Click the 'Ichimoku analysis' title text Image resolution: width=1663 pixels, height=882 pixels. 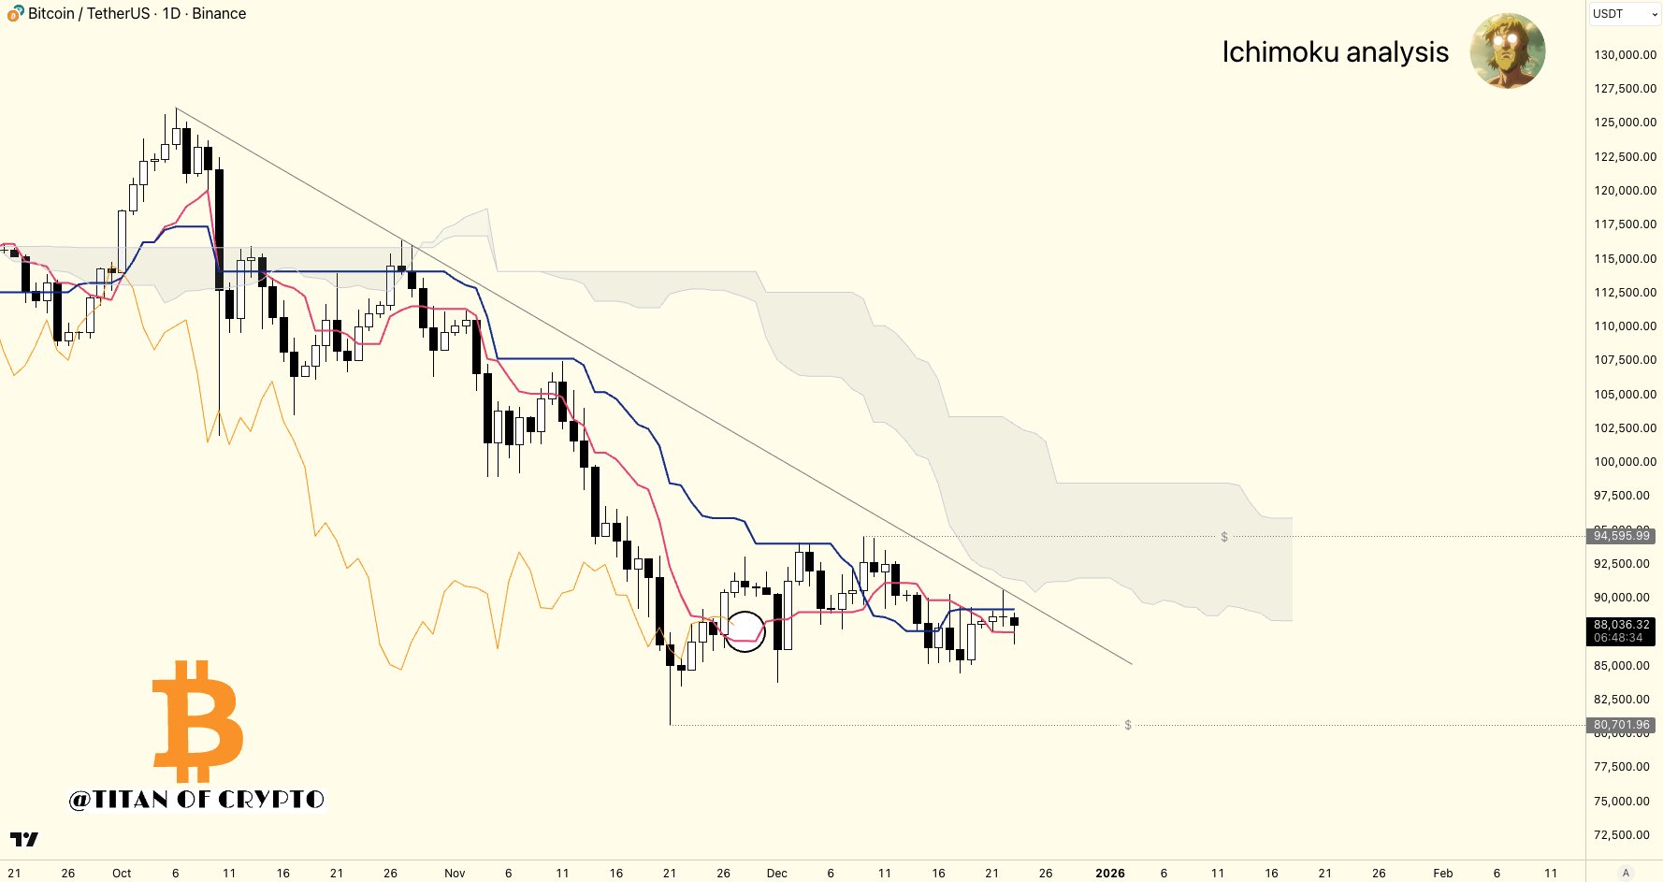[1335, 52]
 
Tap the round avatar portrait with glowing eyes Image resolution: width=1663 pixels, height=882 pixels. [1507, 51]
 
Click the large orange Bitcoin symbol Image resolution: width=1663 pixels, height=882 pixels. [198, 720]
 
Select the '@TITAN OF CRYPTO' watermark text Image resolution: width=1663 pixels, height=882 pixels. [196, 799]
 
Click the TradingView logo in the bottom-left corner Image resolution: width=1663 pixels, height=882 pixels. [24, 839]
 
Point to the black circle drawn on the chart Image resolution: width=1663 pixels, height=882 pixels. [745, 631]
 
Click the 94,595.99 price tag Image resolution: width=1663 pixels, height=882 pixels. [1622, 536]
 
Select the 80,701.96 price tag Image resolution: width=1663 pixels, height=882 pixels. [1622, 725]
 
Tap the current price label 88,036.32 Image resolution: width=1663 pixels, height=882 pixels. [1622, 625]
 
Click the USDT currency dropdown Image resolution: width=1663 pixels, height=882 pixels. [1624, 14]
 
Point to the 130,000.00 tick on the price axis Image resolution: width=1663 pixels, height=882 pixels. [1625, 54]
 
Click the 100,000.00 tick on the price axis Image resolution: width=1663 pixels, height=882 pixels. [1625, 461]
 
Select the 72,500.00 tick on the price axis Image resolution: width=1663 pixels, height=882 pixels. [1625, 834]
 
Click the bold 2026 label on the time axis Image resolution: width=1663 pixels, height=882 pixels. [1110, 873]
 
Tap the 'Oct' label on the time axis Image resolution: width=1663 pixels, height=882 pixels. [122, 873]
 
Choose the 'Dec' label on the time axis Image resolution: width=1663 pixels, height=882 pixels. [776, 873]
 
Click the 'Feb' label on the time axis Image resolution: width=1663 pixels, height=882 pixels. [1442, 873]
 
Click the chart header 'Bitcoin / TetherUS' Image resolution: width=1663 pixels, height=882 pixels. [89, 13]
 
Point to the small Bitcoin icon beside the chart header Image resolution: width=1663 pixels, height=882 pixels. [15, 13]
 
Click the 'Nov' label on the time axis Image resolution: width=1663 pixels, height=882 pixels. [455, 873]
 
